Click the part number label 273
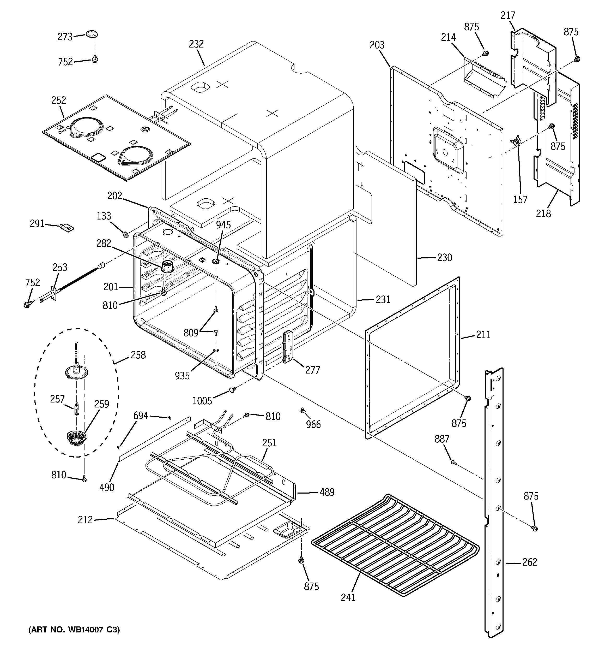tap(65, 37)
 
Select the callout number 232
tap(196, 44)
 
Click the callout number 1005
tap(202, 401)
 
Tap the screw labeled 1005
tap(232, 390)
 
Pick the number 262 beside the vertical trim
tap(530, 562)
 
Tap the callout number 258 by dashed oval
tap(138, 355)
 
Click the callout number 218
tap(543, 214)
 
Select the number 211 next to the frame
tap(483, 334)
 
